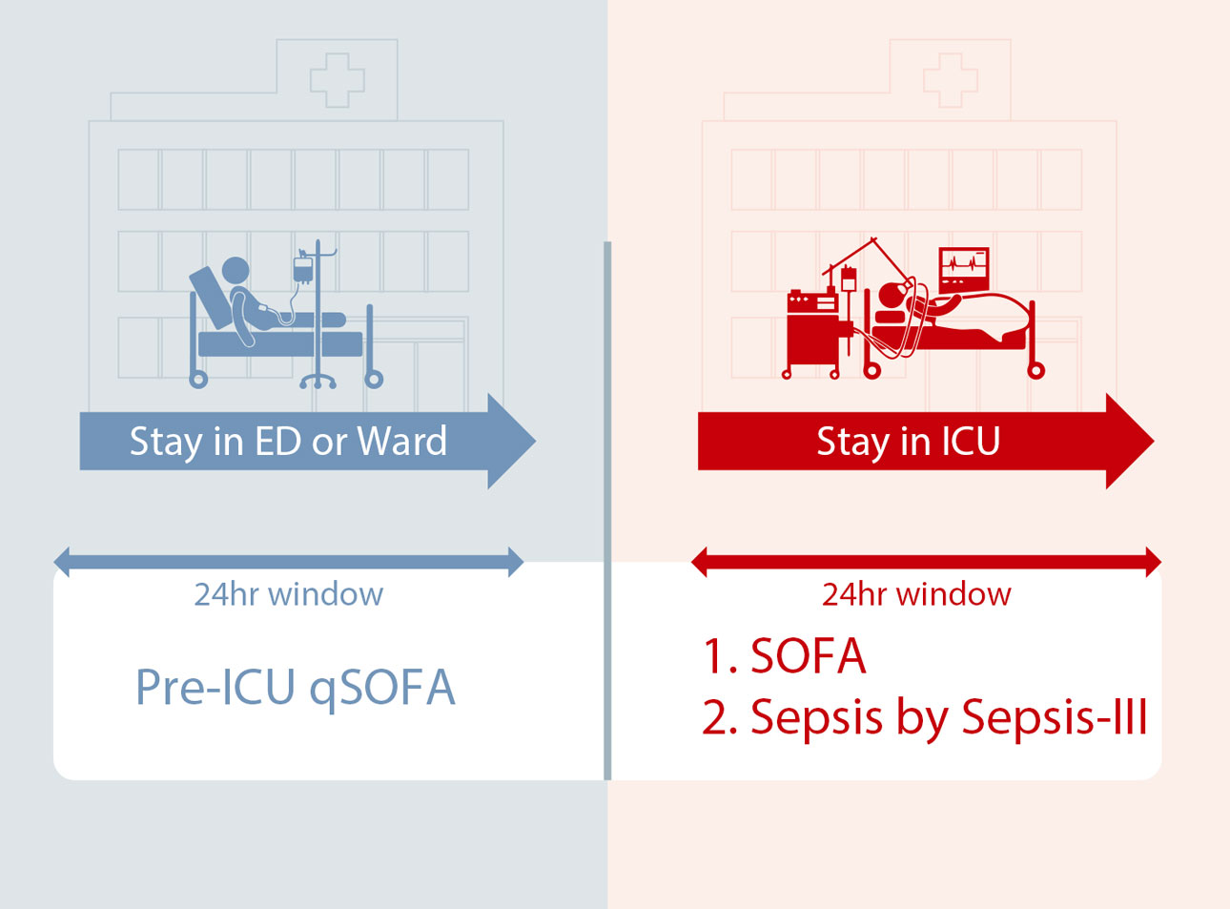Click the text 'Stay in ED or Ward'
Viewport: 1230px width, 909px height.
click(288, 443)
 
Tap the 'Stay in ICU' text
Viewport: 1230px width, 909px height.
click(909, 443)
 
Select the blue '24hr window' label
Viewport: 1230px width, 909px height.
click(288, 594)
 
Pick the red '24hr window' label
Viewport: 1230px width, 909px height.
click(916, 594)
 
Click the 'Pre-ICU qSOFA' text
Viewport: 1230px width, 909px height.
click(296, 689)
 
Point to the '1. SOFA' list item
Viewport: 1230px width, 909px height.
click(784, 656)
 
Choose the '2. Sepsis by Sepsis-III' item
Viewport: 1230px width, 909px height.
click(925, 718)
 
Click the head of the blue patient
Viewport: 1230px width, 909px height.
click(236, 271)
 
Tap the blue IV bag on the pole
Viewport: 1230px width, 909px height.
click(303, 270)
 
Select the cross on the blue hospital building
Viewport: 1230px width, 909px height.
click(338, 80)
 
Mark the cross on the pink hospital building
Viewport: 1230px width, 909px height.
click(951, 80)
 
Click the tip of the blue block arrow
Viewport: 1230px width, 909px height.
click(536, 442)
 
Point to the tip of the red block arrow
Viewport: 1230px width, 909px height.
click(1154, 442)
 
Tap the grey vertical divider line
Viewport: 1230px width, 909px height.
click(607, 510)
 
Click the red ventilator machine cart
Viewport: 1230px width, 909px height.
click(812, 332)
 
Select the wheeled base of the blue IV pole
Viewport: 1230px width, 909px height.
click(318, 382)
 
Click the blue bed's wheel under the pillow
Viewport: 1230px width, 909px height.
click(198, 380)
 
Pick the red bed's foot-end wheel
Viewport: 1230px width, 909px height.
click(1035, 370)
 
